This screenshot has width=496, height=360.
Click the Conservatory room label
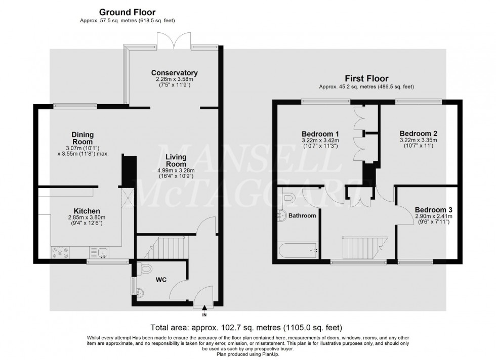(174, 73)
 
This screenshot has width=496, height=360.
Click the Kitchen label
(87, 211)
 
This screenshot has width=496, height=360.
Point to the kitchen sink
(100, 251)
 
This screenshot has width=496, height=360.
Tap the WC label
(161, 279)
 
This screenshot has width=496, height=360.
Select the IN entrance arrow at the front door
(204, 308)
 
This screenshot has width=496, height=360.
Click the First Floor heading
(366, 78)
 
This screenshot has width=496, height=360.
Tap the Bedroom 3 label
(434, 209)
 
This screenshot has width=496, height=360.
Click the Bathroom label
(303, 216)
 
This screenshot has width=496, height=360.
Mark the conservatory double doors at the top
(174, 40)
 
